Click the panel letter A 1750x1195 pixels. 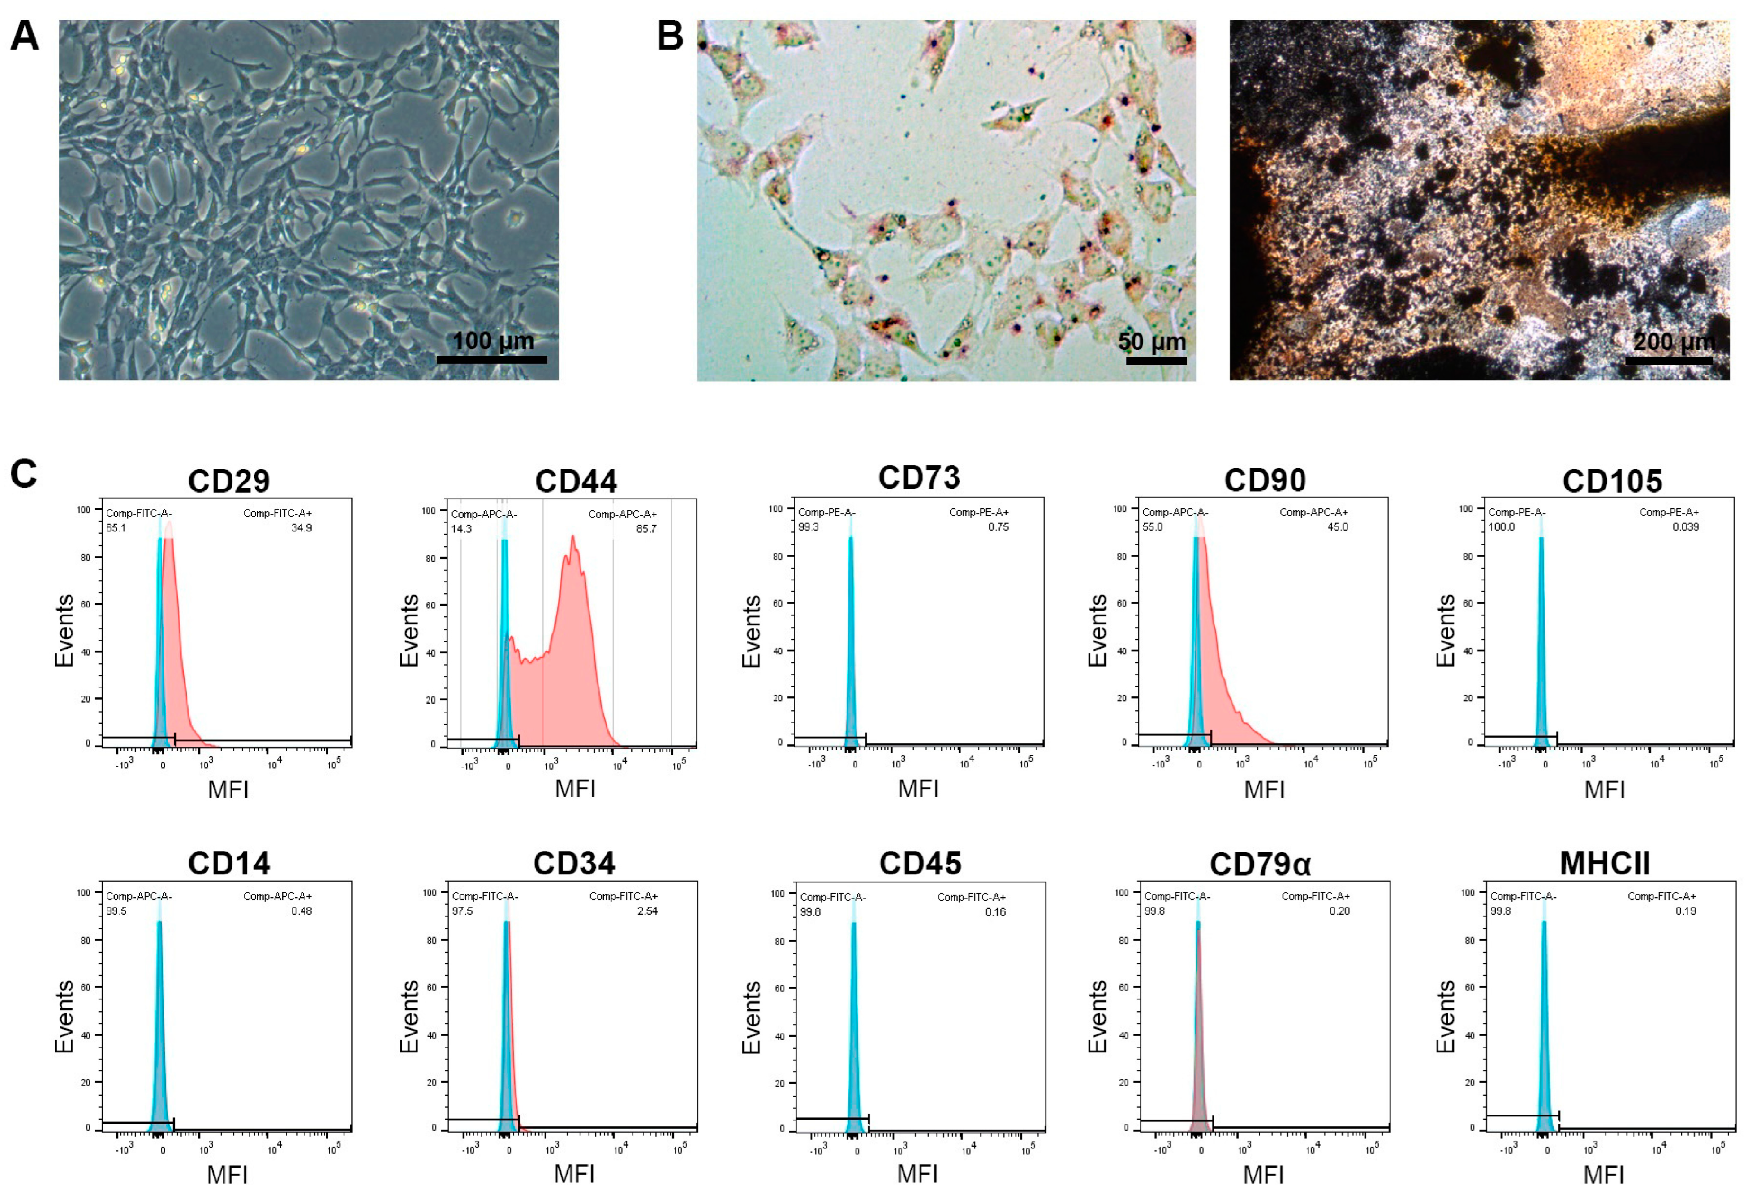click(24, 36)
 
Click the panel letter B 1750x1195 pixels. click(670, 36)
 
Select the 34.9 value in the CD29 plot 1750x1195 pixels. click(301, 528)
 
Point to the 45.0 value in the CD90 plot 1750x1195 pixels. click(1337, 527)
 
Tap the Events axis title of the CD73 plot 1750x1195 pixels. click(751, 631)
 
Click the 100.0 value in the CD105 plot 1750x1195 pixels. click(1501, 527)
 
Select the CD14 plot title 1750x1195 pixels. click(229, 864)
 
